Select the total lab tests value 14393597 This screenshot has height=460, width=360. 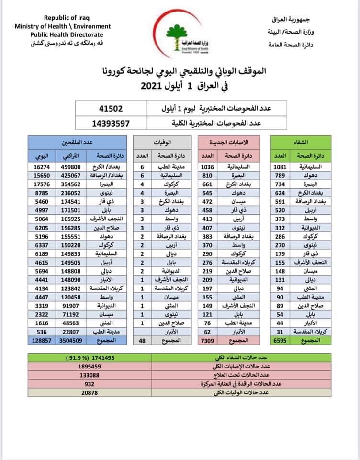tap(111, 123)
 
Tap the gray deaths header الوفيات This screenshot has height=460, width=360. tap(163, 142)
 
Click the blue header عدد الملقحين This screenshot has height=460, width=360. tap(77, 142)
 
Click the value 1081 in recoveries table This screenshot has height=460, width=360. tap(281, 166)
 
